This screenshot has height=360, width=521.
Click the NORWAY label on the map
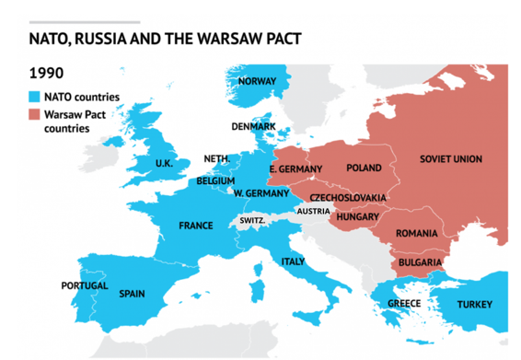click(257, 81)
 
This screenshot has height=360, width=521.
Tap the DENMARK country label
click(253, 126)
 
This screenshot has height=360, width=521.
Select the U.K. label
click(164, 164)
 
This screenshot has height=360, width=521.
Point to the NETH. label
click(216, 158)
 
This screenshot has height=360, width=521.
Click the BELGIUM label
click(216, 181)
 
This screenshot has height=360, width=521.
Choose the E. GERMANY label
click(295, 169)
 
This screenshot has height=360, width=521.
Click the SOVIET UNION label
click(450, 159)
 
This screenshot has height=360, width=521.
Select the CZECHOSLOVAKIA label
click(348, 198)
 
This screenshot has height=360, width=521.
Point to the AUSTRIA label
click(311, 211)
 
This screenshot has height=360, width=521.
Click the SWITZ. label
click(252, 221)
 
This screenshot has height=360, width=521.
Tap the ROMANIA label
click(416, 234)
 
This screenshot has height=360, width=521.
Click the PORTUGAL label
click(85, 285)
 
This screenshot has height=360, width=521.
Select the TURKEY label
click(475, 304)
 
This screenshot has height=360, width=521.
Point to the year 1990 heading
click(46, 72)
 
